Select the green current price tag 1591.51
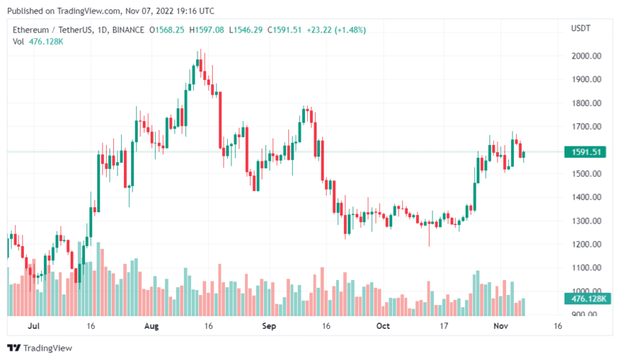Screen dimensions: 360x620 coord(585,152)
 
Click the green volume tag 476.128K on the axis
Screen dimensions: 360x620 coord(585,299)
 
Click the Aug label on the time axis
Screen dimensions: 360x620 coord(151,326)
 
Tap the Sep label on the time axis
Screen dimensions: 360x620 coord(269,326)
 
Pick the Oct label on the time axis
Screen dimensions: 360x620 coord(383,326)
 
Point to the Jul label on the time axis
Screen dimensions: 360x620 coord(33,326)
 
